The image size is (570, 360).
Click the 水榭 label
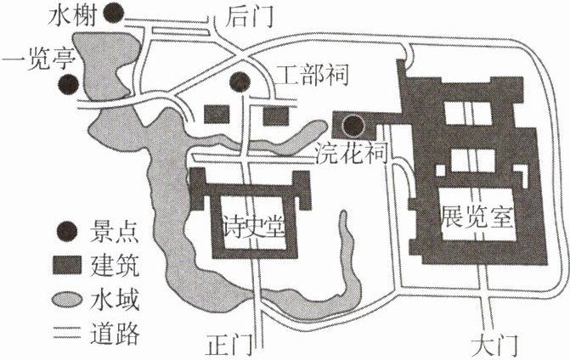[x=81, y=15]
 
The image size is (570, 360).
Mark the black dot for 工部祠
[x=242, y=82]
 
